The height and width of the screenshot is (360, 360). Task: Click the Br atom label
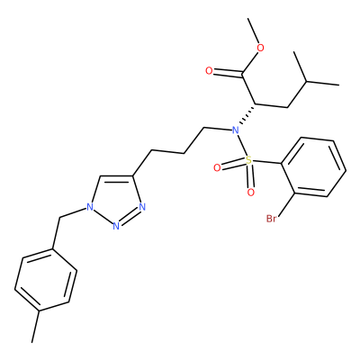271,219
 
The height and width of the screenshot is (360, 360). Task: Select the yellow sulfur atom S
248,160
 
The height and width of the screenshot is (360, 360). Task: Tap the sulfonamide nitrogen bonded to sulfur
235,130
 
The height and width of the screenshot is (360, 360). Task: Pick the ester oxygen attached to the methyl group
261,48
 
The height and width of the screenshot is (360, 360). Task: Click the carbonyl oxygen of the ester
209,71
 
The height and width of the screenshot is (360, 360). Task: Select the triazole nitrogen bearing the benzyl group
89,207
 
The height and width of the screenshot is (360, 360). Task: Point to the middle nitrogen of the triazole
116,226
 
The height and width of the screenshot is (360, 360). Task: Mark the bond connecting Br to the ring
285,204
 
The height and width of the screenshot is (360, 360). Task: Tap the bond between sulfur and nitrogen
242,146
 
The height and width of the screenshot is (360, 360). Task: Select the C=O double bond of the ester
228,72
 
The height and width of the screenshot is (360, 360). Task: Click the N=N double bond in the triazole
130,216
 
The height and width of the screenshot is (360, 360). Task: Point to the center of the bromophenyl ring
313,167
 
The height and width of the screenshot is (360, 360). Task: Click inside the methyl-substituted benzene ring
46,280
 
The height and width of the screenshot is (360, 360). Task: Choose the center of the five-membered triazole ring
115,199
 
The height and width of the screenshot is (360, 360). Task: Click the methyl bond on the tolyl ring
35,327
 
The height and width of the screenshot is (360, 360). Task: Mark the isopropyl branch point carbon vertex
306,81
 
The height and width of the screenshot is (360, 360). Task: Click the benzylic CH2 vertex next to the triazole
59,218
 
